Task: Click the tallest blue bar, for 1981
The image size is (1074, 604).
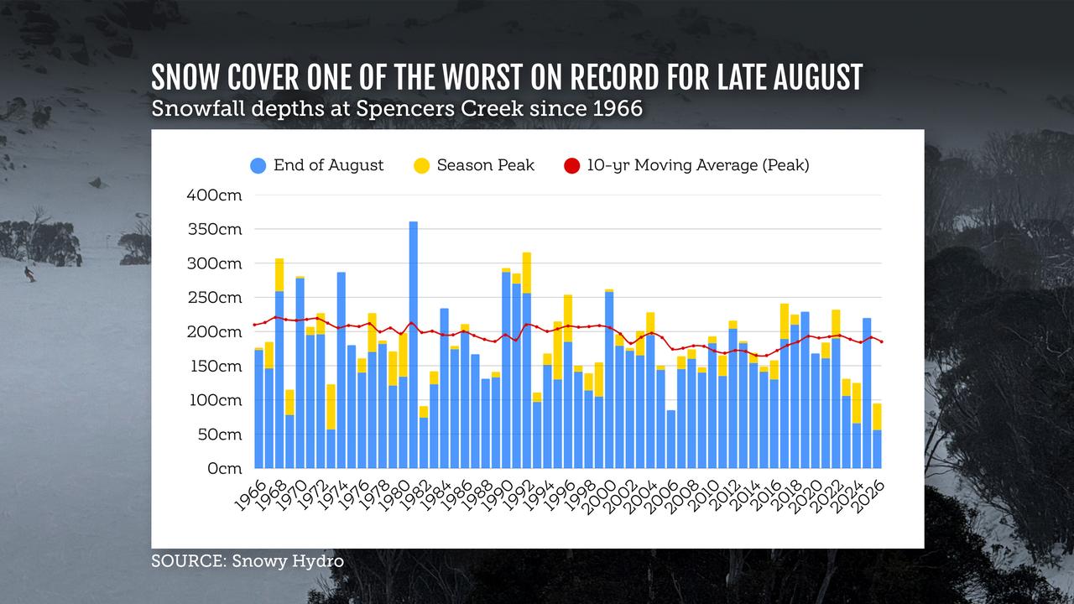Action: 414,345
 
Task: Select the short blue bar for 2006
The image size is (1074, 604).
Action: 671,439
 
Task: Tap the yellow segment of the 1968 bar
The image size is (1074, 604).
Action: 279,274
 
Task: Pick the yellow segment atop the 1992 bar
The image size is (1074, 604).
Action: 526,273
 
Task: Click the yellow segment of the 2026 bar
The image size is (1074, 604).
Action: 877,417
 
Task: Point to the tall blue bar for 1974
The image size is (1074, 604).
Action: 341,370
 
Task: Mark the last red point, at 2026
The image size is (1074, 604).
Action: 881,341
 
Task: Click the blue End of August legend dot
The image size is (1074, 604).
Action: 258,166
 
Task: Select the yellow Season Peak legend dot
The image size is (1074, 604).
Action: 421,166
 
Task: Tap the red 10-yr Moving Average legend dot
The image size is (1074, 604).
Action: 572,166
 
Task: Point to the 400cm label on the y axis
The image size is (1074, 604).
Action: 214,195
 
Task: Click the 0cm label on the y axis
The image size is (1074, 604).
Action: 225,468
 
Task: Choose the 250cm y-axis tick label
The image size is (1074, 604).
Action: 215,298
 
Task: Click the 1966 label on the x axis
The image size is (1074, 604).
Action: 251,495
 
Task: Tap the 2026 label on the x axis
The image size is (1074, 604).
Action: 869,496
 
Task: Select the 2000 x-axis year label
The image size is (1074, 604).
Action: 602,496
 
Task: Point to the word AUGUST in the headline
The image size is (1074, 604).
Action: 817,77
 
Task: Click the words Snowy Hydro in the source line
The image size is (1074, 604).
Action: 288,561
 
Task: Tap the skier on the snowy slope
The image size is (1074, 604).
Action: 29,274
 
